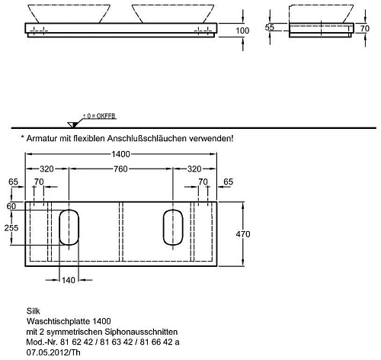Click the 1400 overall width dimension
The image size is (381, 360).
122,154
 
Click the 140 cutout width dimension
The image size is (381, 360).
69,281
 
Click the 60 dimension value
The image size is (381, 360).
11,206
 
